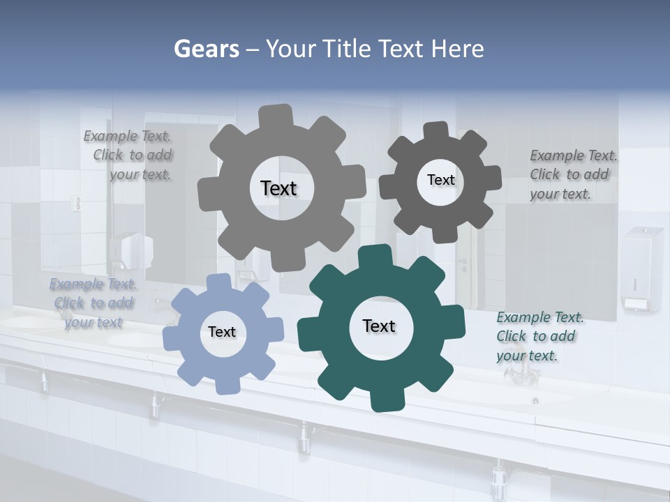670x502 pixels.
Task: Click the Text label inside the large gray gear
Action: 278,188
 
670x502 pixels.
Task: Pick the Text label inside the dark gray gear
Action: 440,180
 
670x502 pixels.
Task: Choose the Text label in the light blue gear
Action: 222,332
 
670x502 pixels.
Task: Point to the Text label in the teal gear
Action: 379,326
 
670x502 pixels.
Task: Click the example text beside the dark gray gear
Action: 573,174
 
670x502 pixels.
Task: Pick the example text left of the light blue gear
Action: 93,303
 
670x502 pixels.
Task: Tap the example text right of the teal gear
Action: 539,336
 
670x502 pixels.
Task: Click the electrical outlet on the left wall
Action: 77,204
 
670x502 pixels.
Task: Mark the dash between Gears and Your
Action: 254,50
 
